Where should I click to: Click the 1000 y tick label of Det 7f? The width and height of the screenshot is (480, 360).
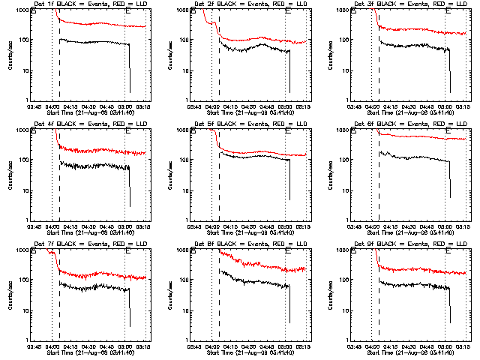[x=22, y=251]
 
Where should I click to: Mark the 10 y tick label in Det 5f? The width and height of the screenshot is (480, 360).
[x=185, y=190]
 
